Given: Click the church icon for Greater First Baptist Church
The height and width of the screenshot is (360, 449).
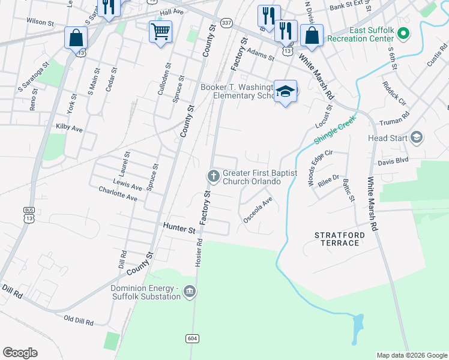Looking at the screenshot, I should (x=212, y=176).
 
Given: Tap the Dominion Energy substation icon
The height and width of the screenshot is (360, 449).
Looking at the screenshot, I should (x=190, y=292).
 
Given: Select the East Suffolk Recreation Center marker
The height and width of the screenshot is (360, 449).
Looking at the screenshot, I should (x=403, y=34).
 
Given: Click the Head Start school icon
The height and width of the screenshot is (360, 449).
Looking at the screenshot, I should (x=416, y=138).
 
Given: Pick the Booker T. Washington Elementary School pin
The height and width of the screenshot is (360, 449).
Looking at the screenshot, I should (x=286, y=91).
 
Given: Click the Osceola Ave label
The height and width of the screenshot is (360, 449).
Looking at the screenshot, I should (x=258, y=210).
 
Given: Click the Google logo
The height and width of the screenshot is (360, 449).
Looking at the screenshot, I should (x=20, y=353).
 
